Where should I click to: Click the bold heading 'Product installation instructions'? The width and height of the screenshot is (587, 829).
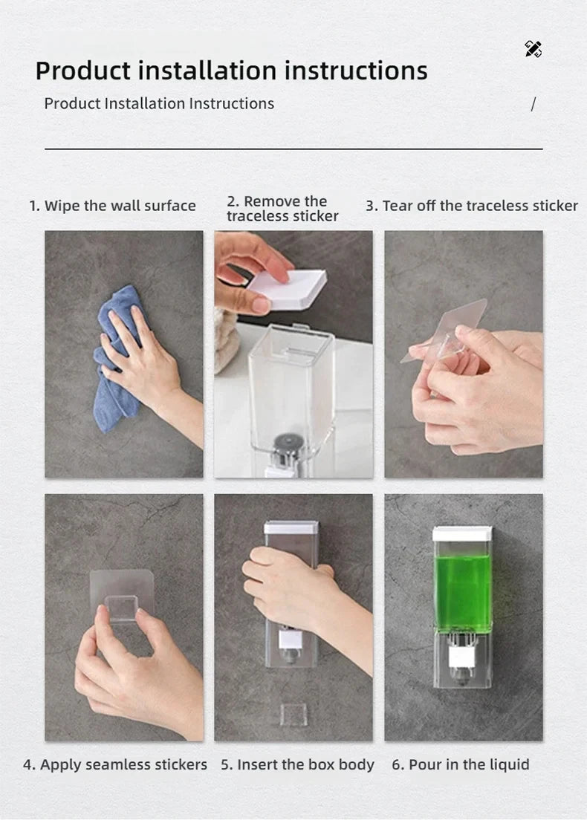(231, 71)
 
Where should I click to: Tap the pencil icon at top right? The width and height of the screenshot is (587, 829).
(533, 49)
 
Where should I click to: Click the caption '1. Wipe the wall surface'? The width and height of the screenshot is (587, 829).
(112, 206)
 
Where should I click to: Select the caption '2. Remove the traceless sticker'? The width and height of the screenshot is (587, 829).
(282, 209)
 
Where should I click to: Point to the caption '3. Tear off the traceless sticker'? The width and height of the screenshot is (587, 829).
(471, 206)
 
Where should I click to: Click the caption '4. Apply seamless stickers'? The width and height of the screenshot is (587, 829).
(115, 764)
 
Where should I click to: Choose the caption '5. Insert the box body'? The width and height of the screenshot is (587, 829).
(297, 764)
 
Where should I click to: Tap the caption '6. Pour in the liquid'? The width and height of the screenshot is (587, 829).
(461, 764)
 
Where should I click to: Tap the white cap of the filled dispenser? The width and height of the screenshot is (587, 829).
(462, 533)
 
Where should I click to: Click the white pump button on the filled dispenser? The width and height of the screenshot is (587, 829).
(461, 654)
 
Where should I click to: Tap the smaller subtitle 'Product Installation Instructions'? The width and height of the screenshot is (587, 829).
(159, 103)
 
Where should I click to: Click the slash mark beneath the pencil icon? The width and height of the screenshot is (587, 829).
(533, 105)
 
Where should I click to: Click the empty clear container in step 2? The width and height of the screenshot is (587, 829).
(291, 386)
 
